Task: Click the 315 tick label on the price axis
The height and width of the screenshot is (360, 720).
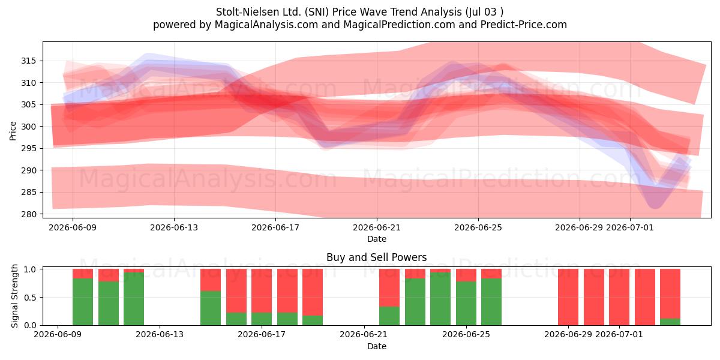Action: [x=29, y=61]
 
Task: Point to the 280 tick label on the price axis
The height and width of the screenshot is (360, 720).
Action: [x=29, y=214]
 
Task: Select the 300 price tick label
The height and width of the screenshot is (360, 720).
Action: [x=29, y=127]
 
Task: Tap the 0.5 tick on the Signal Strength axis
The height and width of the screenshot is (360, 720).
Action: [x=30, y=298]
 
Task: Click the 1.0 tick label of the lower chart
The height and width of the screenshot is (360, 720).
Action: [x=30, y=269]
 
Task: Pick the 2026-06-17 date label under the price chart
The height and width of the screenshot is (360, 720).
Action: [x=275, y=227]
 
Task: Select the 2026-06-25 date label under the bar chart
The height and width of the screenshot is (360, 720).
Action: [x=466, y=334]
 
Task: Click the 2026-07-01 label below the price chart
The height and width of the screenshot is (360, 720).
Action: [x=630, y=227]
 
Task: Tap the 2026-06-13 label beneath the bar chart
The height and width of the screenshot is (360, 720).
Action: [x=160, y=334]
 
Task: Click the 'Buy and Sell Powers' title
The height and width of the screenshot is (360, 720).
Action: [x=377, y=257]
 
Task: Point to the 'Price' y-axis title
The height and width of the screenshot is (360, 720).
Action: [x=13, y=131]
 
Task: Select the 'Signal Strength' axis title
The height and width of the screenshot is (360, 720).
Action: [x=14, y=296]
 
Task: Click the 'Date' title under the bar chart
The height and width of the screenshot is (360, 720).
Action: [x=377, y=346]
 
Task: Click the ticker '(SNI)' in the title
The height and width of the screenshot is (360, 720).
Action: [x=316, y=12]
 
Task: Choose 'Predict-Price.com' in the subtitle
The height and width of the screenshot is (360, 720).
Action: [x=524, y=25]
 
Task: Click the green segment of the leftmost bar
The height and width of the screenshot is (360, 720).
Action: [x=83, y=301]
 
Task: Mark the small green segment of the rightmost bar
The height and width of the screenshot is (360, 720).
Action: [x=670, y=322]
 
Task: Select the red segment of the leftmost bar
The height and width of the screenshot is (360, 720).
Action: [x=83, y=274]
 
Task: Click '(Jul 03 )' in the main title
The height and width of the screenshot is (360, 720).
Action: [x=484, y=12]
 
